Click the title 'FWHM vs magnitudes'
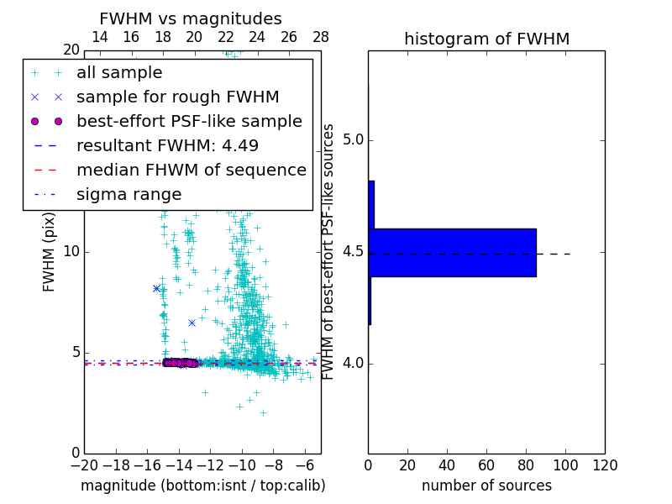click(x=191, y=18)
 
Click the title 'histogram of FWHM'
click(x=486, y=39)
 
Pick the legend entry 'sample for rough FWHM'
click(x=177, y=97)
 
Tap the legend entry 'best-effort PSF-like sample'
click(x=189, y=122)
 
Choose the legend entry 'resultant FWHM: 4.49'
click(x=167, y=146)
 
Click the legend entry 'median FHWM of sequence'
click(x=191, y=171)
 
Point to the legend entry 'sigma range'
click(x=129, y=195)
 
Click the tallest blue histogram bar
click(x=452, y=252)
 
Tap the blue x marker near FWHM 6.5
click(x=192, y=323)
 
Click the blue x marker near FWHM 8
click(x=156, y=288)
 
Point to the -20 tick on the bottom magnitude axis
click(x=84, y=465)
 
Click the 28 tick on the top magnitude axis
click(x=321, y=37)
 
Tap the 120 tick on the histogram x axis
click(x=605, y=465)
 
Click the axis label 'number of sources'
click(x=486, y=486)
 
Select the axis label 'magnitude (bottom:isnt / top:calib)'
click(x=202, y=486)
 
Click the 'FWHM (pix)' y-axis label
click(x=50, y=251)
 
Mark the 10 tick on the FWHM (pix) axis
click(x=71, y=252)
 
